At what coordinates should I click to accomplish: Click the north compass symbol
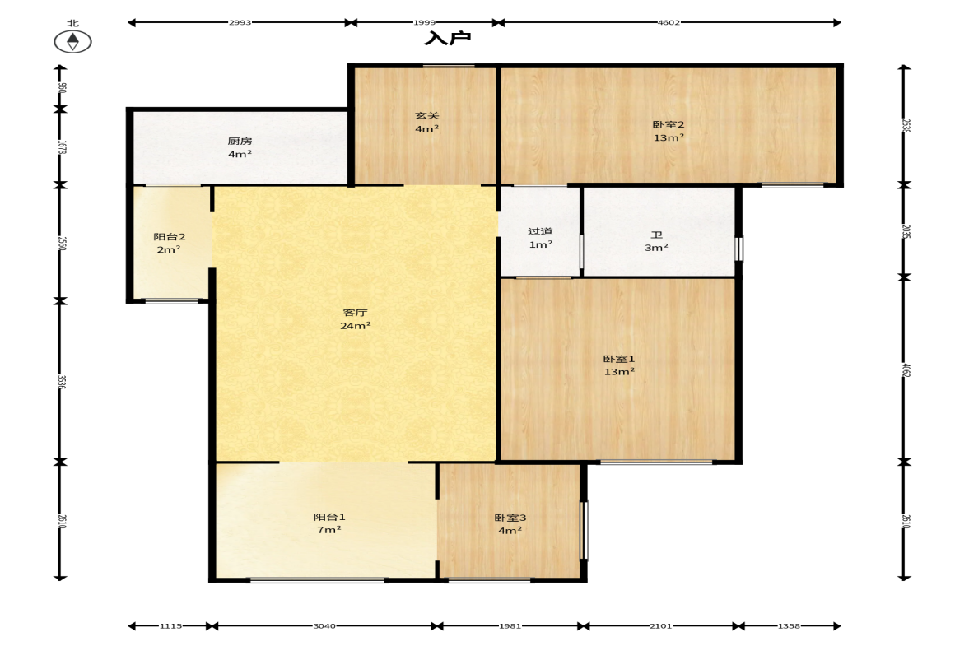73,41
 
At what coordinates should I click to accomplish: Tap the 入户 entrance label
447,39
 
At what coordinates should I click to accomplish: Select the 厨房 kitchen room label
240,141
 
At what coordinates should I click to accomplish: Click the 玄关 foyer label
427,115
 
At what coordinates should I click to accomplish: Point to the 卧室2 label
669,125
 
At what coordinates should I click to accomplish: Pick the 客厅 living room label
356,313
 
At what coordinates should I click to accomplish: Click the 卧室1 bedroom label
619,359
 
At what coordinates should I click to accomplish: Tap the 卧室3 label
510,518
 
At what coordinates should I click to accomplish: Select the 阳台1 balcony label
329,517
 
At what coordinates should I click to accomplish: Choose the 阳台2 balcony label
170,236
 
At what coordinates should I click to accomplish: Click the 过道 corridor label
540,231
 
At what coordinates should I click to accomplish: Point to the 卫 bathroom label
656,235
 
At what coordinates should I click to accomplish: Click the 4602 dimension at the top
669,22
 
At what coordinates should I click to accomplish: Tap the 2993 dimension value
240,22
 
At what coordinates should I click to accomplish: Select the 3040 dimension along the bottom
324,625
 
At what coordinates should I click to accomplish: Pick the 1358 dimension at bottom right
789,625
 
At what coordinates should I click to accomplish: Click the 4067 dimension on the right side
906,370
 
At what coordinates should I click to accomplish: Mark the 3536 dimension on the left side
61,382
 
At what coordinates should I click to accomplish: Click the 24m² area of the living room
356,326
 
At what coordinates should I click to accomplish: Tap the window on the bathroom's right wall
738,249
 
